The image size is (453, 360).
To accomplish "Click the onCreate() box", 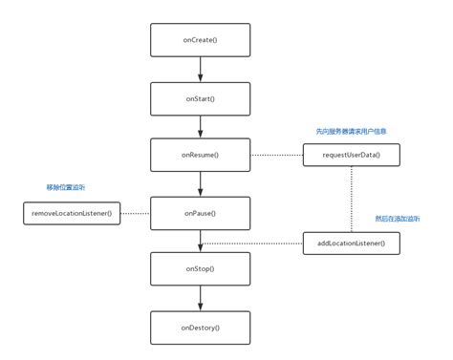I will tap(200, 40).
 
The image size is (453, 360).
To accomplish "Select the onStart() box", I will tap(200, 97).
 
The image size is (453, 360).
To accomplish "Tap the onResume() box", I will tap(200, 154).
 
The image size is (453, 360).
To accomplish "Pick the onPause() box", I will tap(200, 212).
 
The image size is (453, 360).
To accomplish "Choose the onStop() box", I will tap(200, 269).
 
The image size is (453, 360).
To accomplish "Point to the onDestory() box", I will tap(200, 327).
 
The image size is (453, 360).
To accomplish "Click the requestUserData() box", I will tap(351, 154).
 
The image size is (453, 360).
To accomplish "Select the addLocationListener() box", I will tap(351, 243).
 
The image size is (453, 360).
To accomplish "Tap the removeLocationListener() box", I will tap(72, 212).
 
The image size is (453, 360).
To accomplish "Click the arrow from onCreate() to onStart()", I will tap(200, 69).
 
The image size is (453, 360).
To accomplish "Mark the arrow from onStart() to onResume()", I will tap(200, 126).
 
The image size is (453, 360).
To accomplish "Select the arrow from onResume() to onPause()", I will tap(200, 183).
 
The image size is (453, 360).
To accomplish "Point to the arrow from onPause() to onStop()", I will tap(200, 241).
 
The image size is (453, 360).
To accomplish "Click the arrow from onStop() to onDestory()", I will tap(200, 298).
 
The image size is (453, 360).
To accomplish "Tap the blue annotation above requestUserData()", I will tap(351, 131).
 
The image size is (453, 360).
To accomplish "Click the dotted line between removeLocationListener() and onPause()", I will tap(136, 212).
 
